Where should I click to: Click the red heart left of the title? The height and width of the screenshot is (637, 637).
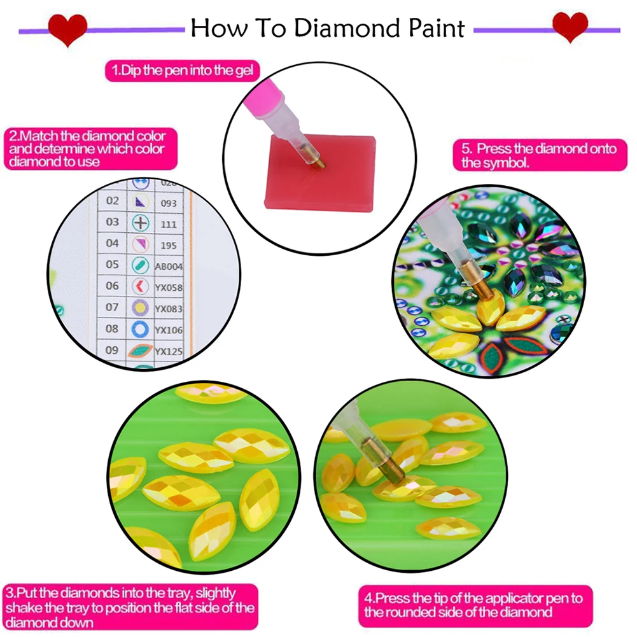tap(67, 29)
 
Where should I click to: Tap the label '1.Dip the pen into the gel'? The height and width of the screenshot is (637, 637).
tap(183, 71)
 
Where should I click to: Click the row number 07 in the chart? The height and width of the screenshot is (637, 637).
tap(112, 307)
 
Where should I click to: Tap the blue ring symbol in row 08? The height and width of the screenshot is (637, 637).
tap(140, 330)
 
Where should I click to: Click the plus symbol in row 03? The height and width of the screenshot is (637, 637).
tap(140, 223)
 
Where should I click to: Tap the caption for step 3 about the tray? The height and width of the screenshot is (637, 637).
tap(130, 608)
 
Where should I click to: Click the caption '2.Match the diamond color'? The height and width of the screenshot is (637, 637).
tap(87, 149)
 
